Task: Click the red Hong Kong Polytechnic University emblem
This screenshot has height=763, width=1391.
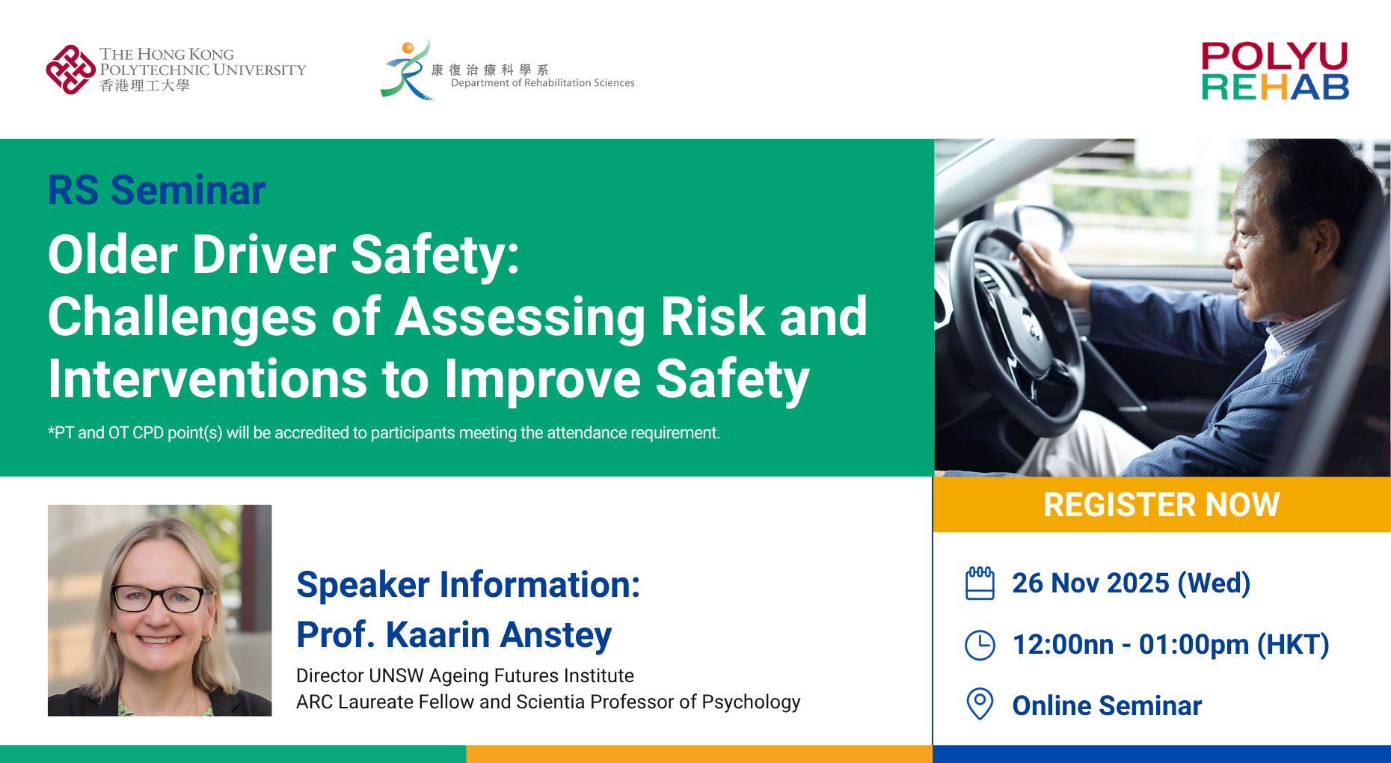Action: [x=70, y=70]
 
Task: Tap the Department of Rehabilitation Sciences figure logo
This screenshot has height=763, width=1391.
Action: [x=407, y=70]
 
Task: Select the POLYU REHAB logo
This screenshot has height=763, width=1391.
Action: [x=1275, y=71]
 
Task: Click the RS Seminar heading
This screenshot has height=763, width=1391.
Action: [x=156, y=190]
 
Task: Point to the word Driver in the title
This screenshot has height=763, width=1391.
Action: [x=265, y=255]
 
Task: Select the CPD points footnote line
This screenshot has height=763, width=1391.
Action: [x=384, y=433]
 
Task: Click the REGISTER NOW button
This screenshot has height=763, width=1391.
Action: [x=1161, y=505]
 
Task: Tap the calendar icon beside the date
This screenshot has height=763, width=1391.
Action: [x=980, y=583]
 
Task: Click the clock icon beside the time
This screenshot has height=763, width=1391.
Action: [x=980, y=645]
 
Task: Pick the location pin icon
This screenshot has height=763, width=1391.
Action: [x=980, y=704]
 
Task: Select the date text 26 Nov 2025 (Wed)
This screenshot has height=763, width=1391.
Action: [x=1131, y=583]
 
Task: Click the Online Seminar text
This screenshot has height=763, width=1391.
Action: [x=1107, y=706]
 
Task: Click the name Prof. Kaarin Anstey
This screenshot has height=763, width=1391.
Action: [x=454, y=635]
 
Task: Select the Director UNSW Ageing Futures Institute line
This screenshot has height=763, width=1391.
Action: [x=465, y=676]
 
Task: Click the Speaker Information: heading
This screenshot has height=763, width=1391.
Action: [x=468, y=585]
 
